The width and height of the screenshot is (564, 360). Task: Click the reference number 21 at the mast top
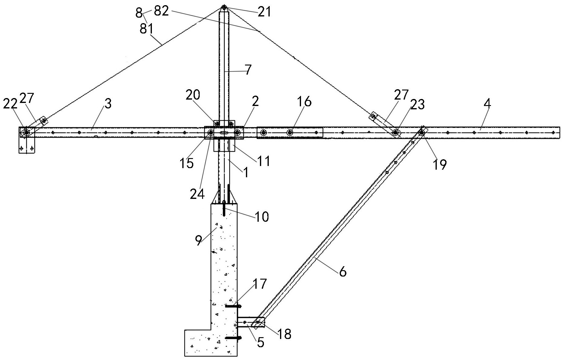pyautogui.click(x=264, y=12)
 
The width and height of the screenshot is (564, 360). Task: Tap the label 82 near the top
pyautogui.click(x=161, y=12)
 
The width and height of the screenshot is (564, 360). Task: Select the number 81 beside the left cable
pyautogui.click(x=147, y=29)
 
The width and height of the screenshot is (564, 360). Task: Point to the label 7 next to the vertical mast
pyautogui.click(x=248, y=70)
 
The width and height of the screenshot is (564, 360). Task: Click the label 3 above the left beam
pyautogui.click(x=108, y=104)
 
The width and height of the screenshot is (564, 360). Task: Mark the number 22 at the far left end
pyautogui.click(x=10, y=104)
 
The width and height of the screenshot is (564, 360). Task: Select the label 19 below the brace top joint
pyautogui.click(x=440, y=164)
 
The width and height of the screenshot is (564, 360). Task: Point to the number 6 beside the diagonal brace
pyautogui.click(x=343, y=271)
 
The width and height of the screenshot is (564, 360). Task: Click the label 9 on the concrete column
pyautogui.click(x=198, y=241)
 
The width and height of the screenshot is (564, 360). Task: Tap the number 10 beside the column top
pyautogui.click(x=262, y=217)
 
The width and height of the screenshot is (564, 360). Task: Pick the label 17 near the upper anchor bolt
pyautogui.click(x=260, y=284)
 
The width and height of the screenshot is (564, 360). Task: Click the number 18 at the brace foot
pyautogui.click(x=285, y=334)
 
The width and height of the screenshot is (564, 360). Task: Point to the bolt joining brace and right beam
pyautogui.click(x=422, y=132)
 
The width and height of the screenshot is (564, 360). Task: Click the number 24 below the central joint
pyautogui.click(x=197, y=194)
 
